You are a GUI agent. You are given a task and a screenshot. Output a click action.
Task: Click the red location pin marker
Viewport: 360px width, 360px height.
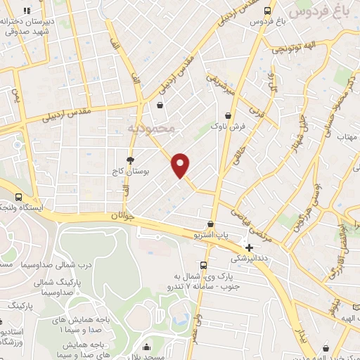coord(181,165)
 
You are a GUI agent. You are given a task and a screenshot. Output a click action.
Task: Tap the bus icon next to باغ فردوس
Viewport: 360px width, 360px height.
coord(267,11)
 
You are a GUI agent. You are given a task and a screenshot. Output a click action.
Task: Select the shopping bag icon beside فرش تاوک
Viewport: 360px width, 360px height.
coord(227,116)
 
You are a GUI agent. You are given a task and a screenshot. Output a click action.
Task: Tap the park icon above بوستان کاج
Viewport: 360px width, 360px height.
coord(129,160)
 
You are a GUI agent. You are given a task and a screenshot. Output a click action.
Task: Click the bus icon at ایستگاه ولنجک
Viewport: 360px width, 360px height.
coord(18,198)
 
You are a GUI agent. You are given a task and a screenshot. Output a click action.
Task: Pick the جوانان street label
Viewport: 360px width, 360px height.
coord(122,217)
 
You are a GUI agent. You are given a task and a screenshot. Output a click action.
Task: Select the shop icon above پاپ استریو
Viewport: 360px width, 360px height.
coord(210,224)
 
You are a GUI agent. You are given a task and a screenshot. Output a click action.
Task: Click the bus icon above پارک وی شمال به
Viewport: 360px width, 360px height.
coord(203,265)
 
